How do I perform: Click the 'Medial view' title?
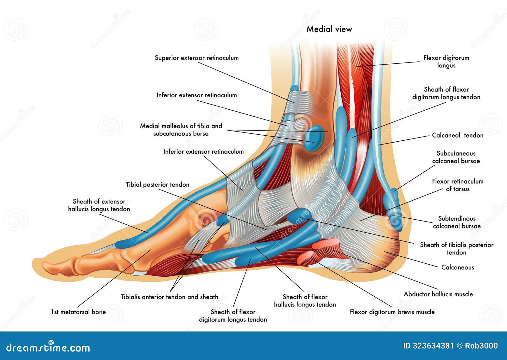pyautogui.click(x=329, y=29)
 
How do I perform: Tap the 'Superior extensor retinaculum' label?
pyautogui.click(x=196, y=58)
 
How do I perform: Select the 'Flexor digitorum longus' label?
pyautogui.click(x=446, y=61)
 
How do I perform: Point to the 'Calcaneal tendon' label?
pyautogui.click(x=458, y=135)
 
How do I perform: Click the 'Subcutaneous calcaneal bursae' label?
pyautogui.click(x=456, y=157)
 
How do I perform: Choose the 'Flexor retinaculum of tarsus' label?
pyautogui.click(x=458, y=185)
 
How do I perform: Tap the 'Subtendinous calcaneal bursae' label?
pyautogui.click(x=457, y=222)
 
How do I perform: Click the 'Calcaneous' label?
pyautogui.click(x=458, y=267)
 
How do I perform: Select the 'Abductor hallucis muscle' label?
pyautogui.click(x=438, y=294)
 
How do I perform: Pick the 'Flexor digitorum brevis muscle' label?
pyautogui.click(x=392, y=312)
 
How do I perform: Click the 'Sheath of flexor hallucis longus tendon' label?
pyautogui.click(x=305, y=301)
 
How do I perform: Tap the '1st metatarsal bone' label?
pyautogui.click(x=78, y=312)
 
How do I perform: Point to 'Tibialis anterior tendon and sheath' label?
pyautogui.click(x=169, y=297)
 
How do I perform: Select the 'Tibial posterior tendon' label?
pyautogui.click(x=157, y=184)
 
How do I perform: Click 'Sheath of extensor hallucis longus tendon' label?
pyautogui.click(x=99, y=205)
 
